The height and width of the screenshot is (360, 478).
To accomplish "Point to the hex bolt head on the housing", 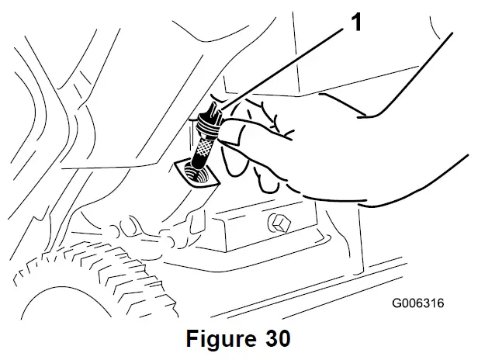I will coord(280,225).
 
